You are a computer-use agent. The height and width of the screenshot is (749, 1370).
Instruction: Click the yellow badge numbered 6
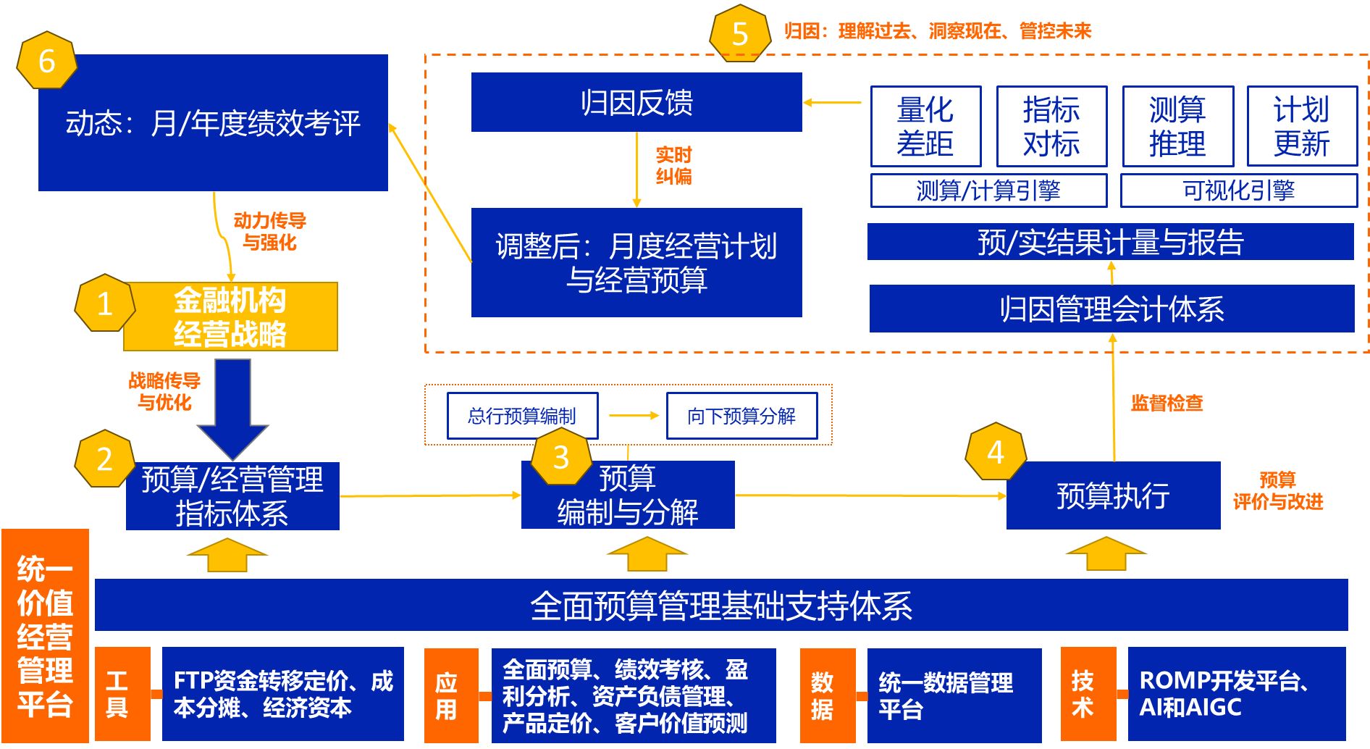coord(47,61)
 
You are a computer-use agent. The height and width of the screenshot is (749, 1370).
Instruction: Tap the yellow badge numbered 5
coord(740,34)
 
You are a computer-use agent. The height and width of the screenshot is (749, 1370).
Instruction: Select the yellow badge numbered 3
coord(561,457)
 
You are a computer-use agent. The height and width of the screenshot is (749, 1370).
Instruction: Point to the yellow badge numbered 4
coord(996,453)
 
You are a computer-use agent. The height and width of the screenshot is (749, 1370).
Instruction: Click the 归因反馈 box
coord(636,102)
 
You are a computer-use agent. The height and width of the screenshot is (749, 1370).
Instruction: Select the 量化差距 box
coord(925,127)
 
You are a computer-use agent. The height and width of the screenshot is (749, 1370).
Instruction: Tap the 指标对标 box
coord(1051,127)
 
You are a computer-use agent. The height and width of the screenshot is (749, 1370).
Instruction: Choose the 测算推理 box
coord(1177,127)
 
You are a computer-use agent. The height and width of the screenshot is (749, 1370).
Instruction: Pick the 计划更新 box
coord(1302,127)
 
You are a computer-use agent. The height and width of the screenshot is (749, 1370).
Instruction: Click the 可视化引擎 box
coord(1238,191)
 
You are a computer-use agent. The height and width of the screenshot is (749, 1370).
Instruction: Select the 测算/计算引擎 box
coord(988,191)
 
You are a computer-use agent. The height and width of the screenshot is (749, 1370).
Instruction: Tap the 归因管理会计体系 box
coord(1111,309)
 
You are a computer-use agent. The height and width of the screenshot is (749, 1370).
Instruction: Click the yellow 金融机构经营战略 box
coord(230,317)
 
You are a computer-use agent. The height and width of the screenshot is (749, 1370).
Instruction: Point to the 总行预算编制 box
coord(522,416)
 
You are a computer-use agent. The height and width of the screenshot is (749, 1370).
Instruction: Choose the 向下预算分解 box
coord(741,416)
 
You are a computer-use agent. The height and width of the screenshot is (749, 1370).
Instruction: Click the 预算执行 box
coord(1113,495)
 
